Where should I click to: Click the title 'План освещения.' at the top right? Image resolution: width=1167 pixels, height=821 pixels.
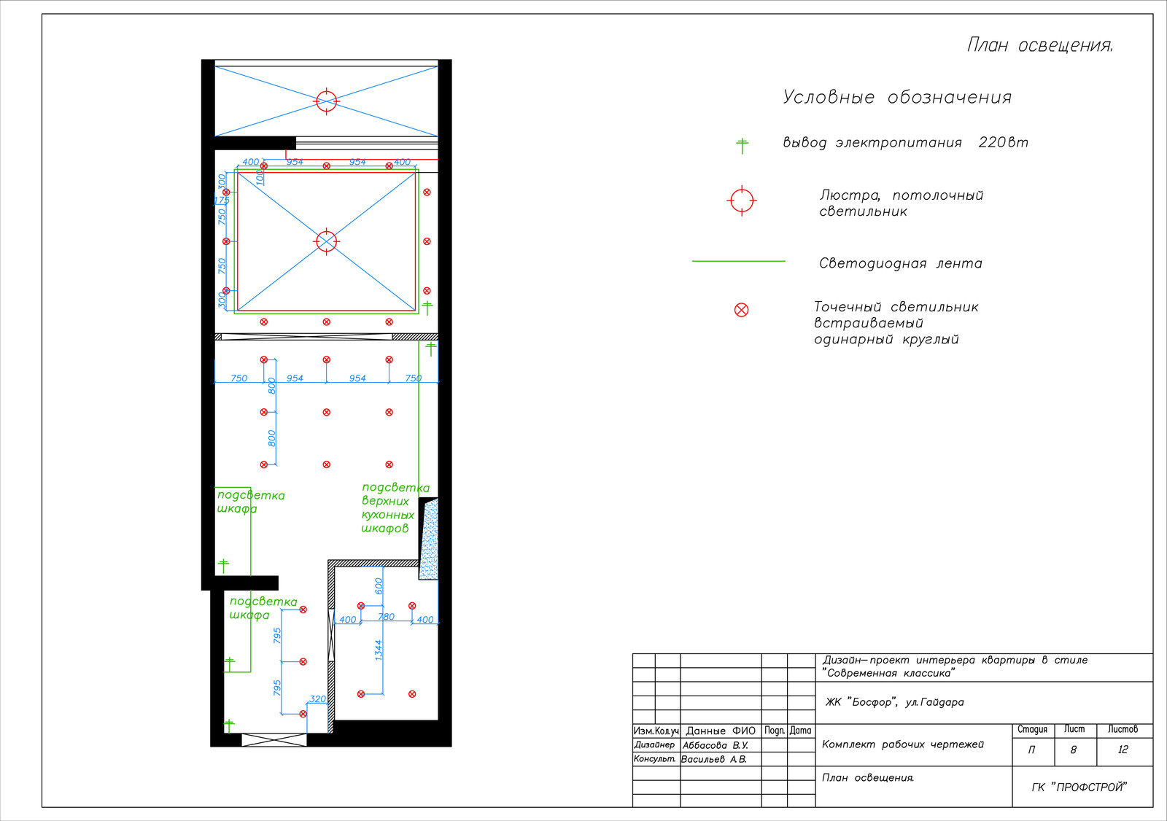pyautogui.click(x=1040, y=45)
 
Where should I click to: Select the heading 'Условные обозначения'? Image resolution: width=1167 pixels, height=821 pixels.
pyautogui.click(x=897, y=98)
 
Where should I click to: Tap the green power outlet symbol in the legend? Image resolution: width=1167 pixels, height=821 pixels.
pyautogui.click(x=742, y=146)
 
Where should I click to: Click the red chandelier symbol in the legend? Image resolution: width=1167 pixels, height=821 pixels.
pyautogui.click(x=742, y=201)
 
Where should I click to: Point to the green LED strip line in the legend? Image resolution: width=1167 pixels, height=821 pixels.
pyautogui.click(x=738, y=261)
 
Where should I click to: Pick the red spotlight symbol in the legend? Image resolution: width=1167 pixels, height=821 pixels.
pyautogui.click(x=741, y=310)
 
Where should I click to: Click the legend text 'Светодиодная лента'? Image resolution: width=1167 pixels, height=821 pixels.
pyautogui.click(x=900, y=263)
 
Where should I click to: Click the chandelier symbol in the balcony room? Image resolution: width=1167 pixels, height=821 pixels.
pyautogui.click(x=327, y=101)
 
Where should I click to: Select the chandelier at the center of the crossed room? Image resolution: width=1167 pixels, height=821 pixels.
pyautogui.click(x=327, y=241)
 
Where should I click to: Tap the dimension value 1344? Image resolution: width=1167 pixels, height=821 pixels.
pyautogui.click(x=379, y=650)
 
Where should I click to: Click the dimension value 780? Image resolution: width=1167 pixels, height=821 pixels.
pyautogui.click(x=386, y=617)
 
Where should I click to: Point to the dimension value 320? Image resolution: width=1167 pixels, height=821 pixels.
pyautogui.click(x=318, y=699)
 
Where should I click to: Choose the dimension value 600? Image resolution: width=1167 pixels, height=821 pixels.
pyautogui.click(x=379, y=586)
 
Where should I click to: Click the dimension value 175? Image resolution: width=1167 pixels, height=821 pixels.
pyautogui.click(x=222, y=200)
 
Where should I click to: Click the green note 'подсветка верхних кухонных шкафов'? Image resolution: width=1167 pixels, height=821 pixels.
pyautogui.click(x=396, y=508)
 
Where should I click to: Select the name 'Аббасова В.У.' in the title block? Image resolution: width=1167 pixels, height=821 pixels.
pyautogui.click(x=716, y=745)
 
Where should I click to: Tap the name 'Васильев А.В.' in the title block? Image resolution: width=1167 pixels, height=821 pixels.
pyautogui.click(x=714, y=760)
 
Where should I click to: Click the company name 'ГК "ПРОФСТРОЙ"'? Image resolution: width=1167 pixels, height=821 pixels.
pyautogui.click(x=1079, y=787)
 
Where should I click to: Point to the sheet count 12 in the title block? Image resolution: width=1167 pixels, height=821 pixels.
pyautogui.click(x=1123, y=750)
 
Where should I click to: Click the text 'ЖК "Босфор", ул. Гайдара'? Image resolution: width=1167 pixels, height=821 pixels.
pyautogui.click(x=894, y=702)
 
